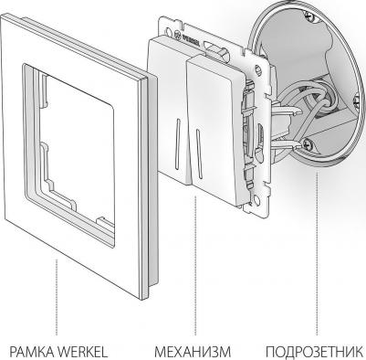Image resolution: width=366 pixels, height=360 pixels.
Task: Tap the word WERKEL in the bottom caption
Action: (83, 352)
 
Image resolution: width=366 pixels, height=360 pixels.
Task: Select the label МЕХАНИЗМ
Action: (193, 352)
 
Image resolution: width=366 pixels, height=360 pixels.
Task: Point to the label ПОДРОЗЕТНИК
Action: (315, 352)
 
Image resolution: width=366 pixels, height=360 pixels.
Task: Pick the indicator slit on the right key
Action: (199, 154)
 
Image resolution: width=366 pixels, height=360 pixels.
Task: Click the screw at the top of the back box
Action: (310, 16)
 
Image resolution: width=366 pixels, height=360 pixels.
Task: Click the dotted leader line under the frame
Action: (57, 297)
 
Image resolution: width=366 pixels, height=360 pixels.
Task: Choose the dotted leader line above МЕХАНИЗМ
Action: (195, 266)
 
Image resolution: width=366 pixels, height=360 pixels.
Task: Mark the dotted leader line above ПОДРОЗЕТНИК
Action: (317, 253)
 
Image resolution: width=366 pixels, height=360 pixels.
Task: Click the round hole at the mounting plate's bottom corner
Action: (257, 201)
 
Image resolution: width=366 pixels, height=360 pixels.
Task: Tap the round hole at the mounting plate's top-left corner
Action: (169, 31)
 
